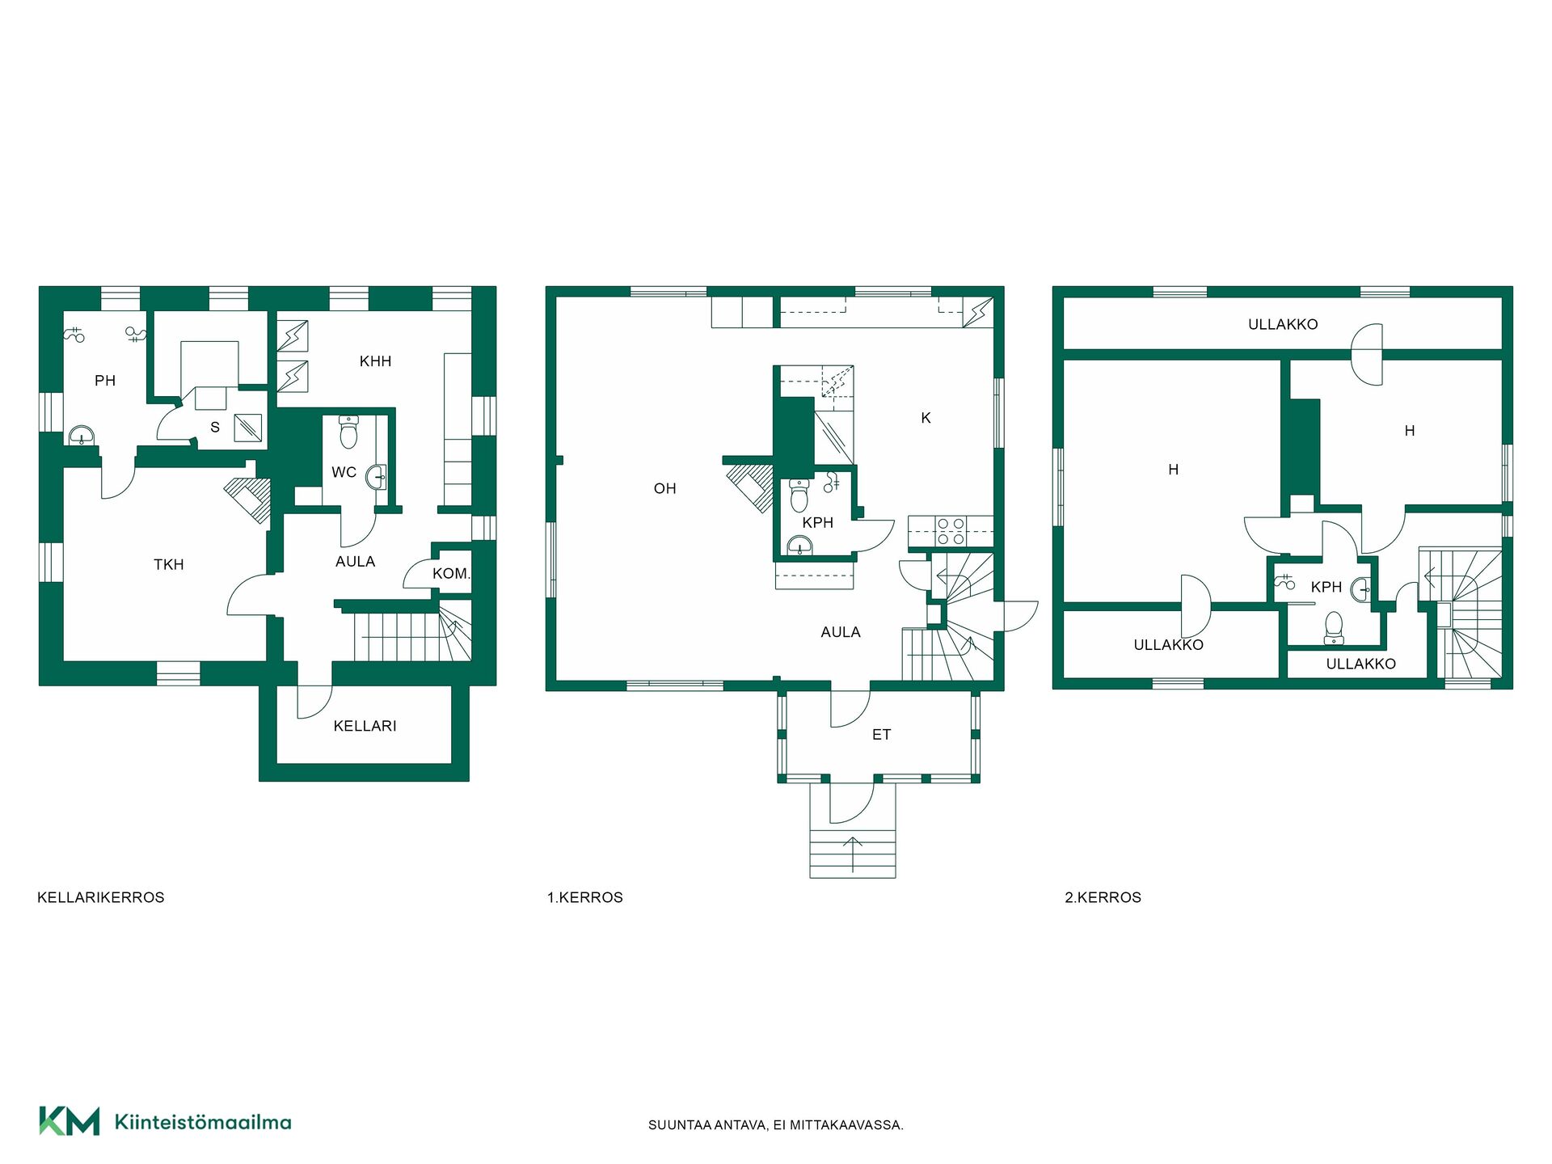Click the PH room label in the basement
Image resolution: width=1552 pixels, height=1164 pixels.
(x=105, y=381)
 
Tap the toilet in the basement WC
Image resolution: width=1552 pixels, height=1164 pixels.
(x=348, y=432)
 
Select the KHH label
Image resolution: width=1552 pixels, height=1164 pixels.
(x=375, y=361)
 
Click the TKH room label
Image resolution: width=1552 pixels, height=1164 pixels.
(x=169, y=564)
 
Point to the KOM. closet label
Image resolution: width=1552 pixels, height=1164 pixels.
(x=451, y=574)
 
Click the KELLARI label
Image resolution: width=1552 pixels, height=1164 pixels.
(x=365, y=726)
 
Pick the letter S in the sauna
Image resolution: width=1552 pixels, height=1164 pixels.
(x=215, y=427)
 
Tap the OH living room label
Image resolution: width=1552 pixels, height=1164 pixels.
(x=664, y=488)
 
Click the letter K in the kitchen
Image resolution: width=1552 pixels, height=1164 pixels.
(x=926, y=418)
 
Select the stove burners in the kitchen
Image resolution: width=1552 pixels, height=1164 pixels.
(x=951, y=531)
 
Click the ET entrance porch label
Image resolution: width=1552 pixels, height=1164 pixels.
(x=881, y=735)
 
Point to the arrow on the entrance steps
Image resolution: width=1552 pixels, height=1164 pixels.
(x=853, y=854)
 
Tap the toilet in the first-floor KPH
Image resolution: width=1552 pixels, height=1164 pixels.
(x=799, y=496)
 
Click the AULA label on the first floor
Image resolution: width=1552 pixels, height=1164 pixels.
(x=841, y=632)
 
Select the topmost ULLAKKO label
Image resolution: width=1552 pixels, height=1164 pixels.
(x=1283, y=325)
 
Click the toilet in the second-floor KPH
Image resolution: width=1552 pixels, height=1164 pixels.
(x=1334, y=627)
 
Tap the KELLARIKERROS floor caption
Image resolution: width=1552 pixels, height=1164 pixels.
(x=101, y=897)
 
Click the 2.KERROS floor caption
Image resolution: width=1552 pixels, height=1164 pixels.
(x=1103, y=897)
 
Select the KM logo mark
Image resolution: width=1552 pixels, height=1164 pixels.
(x=70, y=1121)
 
